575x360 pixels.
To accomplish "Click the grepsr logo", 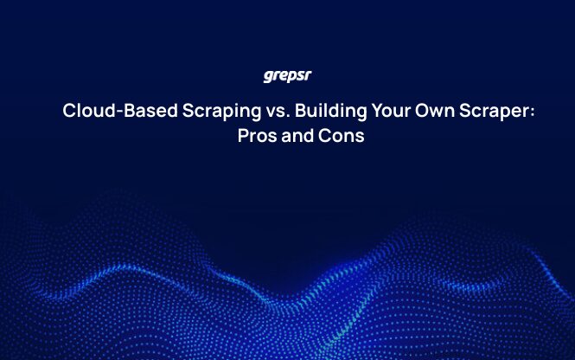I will (287, 76).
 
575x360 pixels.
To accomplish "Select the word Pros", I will (256, 136).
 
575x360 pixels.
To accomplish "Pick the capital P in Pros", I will (243, 136).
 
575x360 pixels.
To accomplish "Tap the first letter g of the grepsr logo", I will (268, 77).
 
